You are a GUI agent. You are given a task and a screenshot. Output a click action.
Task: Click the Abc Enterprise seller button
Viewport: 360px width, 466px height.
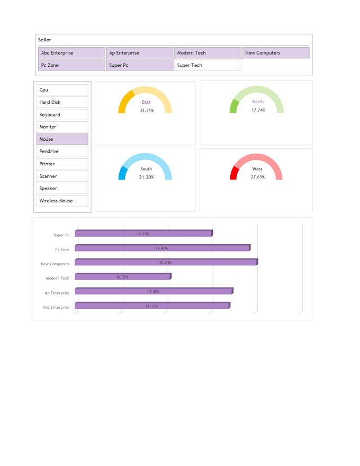click(71, 53)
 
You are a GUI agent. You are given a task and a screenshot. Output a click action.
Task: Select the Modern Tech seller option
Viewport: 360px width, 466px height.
click(208, 53)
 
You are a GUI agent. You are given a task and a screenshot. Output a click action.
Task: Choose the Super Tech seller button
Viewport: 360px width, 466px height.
click(208, 65)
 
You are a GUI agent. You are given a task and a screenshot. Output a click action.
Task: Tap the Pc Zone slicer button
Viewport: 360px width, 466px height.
click(71, 65)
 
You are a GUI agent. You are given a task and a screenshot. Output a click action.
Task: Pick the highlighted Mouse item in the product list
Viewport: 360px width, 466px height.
click(62, 139)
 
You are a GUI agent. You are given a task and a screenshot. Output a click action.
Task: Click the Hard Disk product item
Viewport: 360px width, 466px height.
click(62, 102)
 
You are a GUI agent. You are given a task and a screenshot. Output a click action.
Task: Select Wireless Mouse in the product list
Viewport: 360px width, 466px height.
click(62, 201)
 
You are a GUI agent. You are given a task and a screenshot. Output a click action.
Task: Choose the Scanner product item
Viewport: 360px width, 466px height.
click(62, 176)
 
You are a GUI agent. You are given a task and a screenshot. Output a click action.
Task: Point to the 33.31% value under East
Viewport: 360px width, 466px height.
click(147, 110)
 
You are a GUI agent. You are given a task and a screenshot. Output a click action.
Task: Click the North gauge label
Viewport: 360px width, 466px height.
click(258, 102)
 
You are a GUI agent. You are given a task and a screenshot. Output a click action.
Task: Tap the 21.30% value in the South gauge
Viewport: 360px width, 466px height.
click(147, 177)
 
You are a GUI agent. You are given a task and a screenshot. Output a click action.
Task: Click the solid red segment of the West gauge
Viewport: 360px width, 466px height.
click(234, 174)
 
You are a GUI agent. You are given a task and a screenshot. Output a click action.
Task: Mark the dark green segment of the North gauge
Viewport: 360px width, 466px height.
click(233, 106)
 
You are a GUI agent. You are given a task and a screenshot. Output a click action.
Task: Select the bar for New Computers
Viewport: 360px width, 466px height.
click(166, 262)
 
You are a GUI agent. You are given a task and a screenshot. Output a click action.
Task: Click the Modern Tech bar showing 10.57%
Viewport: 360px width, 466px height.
click(122, 276)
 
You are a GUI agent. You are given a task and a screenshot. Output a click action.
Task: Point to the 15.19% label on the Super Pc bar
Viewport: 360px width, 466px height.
click(143, 234)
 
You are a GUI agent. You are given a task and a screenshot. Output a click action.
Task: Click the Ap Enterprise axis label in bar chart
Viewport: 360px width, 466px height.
click(57, 293)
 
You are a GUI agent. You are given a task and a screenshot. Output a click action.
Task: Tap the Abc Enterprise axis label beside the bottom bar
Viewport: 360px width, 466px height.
click(56, 307)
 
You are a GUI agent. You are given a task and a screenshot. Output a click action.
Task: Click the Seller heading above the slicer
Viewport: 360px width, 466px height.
click(44, 40)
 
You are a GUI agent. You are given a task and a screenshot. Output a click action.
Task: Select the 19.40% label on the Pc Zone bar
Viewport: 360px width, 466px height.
click(162, 248)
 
